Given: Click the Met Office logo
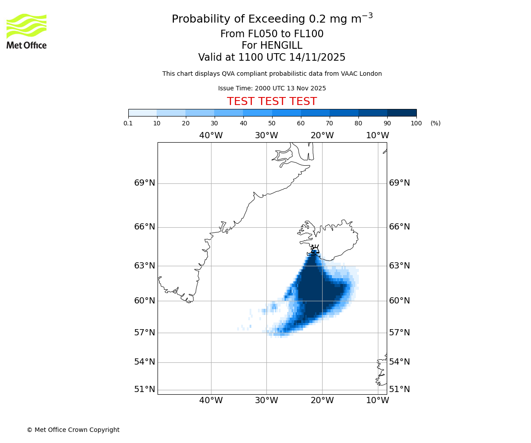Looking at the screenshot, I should (x=27, y=31).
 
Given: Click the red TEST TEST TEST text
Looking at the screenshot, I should (x=272, y=101).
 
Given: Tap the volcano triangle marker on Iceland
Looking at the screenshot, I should (x=315, y=250).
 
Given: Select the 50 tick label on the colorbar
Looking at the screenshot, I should (x=272, y=124).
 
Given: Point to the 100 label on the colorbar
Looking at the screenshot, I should (x=416, y=124).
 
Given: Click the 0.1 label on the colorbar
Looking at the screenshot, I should (x=128, y=124).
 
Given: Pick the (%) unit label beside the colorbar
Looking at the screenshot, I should (x=435, y=124).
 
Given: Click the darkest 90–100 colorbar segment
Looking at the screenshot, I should (x=402, y=113).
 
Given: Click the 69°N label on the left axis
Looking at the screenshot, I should (x=145, y=183).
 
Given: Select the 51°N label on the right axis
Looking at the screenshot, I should (x=399, y=389).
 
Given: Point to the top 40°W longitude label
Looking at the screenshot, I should (x=211, y=136).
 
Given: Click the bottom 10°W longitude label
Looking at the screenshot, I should (x=377, y=400).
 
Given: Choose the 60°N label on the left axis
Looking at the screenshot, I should (x=145, y=301).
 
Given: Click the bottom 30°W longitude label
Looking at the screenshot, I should (x=266, y=400).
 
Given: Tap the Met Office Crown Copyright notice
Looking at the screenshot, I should (x=73, y=430).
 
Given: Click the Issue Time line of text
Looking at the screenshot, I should (x=272, y=88).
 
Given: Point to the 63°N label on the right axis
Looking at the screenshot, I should (x=399, y=266).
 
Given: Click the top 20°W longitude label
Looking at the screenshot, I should (x=322, y=136).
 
